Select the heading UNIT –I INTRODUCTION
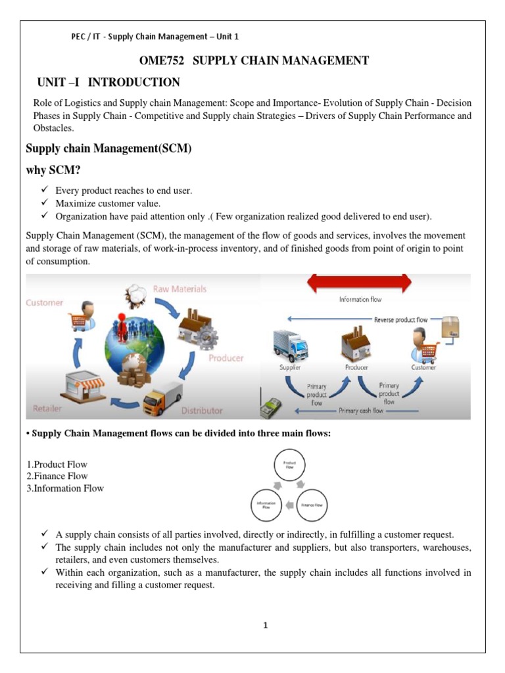click(x=108, y=82)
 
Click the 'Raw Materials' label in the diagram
click(x=180, y=289)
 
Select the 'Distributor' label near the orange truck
click(x=202, y=411)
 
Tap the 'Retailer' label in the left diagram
click(x=44, y=408)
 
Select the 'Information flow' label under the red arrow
click(x=360, y=300)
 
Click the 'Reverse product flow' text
click(x=400, y=319)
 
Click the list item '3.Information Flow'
click(x=64, y=488)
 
